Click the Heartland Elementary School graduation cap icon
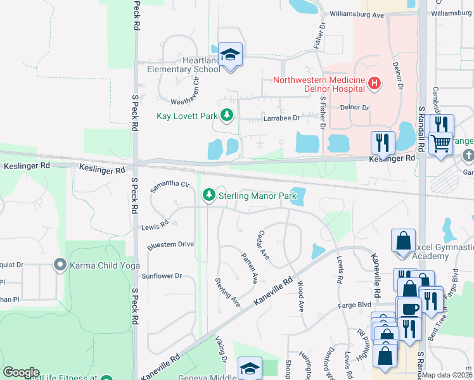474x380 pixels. point(231,55)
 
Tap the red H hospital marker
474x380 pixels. point(374,83)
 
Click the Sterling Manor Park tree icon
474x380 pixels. point(208,196)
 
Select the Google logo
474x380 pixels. point(21,372)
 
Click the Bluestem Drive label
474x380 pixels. point(170,244)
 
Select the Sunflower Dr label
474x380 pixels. point(161,275)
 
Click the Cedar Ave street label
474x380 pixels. point(263,245)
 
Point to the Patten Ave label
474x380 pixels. point(250,268)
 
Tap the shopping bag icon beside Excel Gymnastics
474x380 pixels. point(403,241)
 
